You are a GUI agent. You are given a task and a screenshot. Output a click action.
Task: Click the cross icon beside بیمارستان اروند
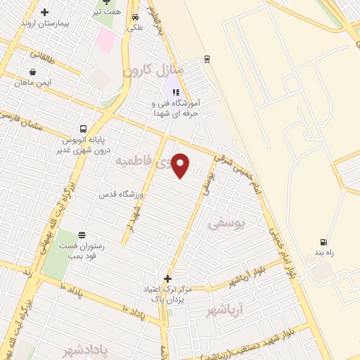46,12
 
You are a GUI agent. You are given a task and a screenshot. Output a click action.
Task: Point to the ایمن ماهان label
36,82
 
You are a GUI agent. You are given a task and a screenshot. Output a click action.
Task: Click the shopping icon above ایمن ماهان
33,71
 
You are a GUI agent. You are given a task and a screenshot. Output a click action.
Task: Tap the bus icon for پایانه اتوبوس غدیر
84,129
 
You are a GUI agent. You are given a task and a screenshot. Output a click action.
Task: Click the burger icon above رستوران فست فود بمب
82,234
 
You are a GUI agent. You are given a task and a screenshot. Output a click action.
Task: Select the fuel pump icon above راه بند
323,241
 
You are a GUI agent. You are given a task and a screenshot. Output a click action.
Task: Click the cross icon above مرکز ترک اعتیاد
167,278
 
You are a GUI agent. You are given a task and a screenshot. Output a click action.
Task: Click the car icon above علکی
134,20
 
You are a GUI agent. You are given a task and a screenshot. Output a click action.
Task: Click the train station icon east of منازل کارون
206,58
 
